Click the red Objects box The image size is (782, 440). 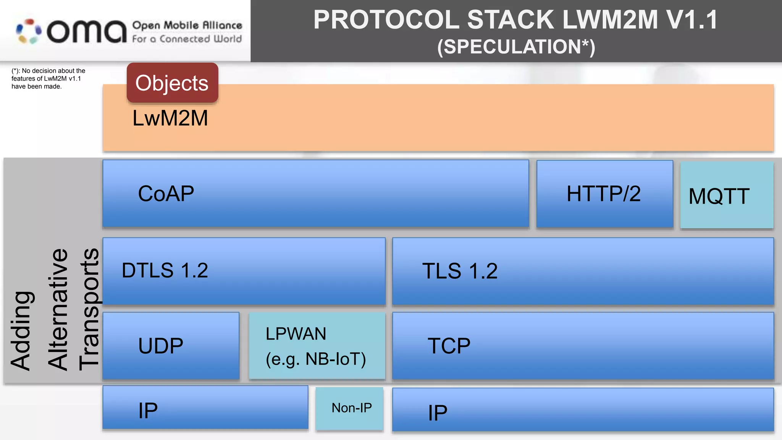(172, 83)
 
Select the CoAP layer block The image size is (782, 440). (315, 194)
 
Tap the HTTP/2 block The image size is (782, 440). (604, 194)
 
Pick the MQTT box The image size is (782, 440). (727, 195)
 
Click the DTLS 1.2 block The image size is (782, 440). (244, 271)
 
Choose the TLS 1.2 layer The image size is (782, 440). (583, 271)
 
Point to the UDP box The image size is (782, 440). (171, 346)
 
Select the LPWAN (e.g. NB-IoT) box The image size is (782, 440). (317, 346)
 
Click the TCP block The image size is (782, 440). (583, 346)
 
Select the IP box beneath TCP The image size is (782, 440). (583, 410)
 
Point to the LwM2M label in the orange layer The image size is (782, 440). (170, 118)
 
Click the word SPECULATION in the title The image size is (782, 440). (512, 47)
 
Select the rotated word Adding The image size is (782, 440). (21, 330)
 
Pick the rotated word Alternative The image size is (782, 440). (58, 309)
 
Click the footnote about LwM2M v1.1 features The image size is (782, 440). (48, 79)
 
